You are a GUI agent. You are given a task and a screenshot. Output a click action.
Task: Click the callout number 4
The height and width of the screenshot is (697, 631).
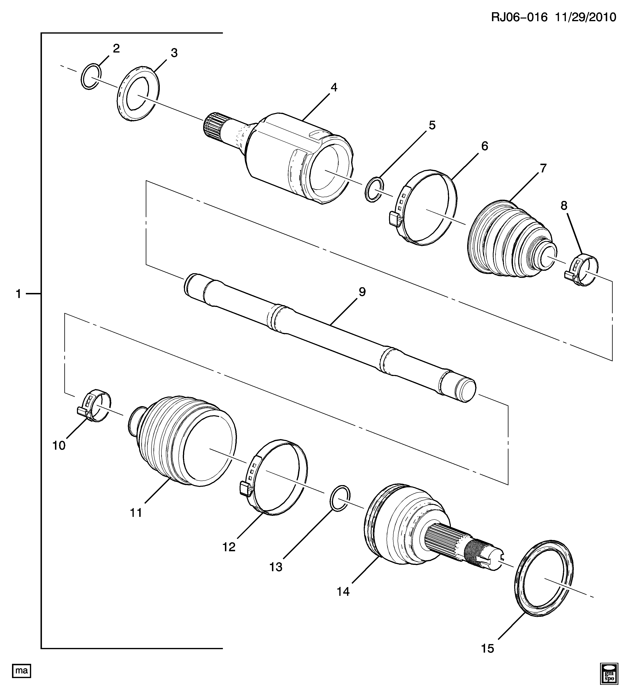[x=334, y=88]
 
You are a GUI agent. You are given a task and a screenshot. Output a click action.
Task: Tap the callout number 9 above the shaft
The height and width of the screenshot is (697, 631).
[x=362, y=292]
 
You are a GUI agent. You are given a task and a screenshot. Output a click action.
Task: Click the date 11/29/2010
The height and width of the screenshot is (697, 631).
[x=586, y=17]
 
